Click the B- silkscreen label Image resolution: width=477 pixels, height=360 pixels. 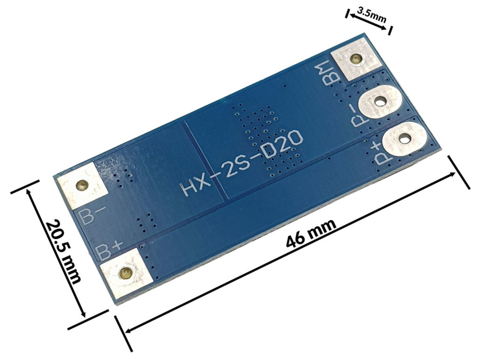tap(92, 215)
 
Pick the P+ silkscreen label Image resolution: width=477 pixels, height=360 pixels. tap(379, 154)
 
